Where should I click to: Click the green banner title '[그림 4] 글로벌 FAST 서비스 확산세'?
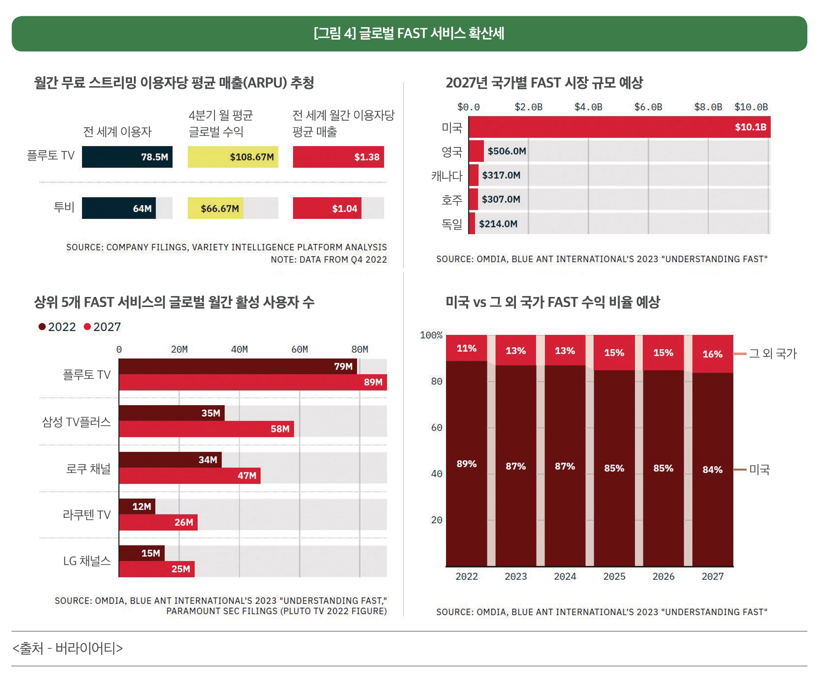click(x=409, y=33)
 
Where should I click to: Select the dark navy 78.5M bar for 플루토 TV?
click(x=127, y=157)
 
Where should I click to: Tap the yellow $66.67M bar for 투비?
click(x=215, y=209)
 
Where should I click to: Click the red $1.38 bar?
click(x=338, y=157)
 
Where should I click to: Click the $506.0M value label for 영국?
click(x=507, y=151)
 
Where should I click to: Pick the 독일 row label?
click(x=452, y=224)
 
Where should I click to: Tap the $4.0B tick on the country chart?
click(x=588, y=107)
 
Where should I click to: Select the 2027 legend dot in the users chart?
click(x=88, y=326)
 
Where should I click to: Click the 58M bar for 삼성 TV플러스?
click(x=206, y=429)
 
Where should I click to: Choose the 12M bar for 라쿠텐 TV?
click(x=137, y=506)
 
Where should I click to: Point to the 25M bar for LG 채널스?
click(x=156, y=569)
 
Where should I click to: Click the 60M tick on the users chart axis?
click(x=299, y=349)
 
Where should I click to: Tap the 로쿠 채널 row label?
click(x=88, y=468)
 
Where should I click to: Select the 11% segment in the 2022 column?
click(x=467, y=348)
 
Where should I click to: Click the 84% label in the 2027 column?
click(x=712, y=469)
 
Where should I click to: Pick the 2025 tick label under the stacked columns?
click(x=614, y=576)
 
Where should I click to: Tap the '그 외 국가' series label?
click(x=773, y=353)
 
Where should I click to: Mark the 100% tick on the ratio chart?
click(x=431, y=335)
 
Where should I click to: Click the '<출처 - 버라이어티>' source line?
click(x=68, y=648)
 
